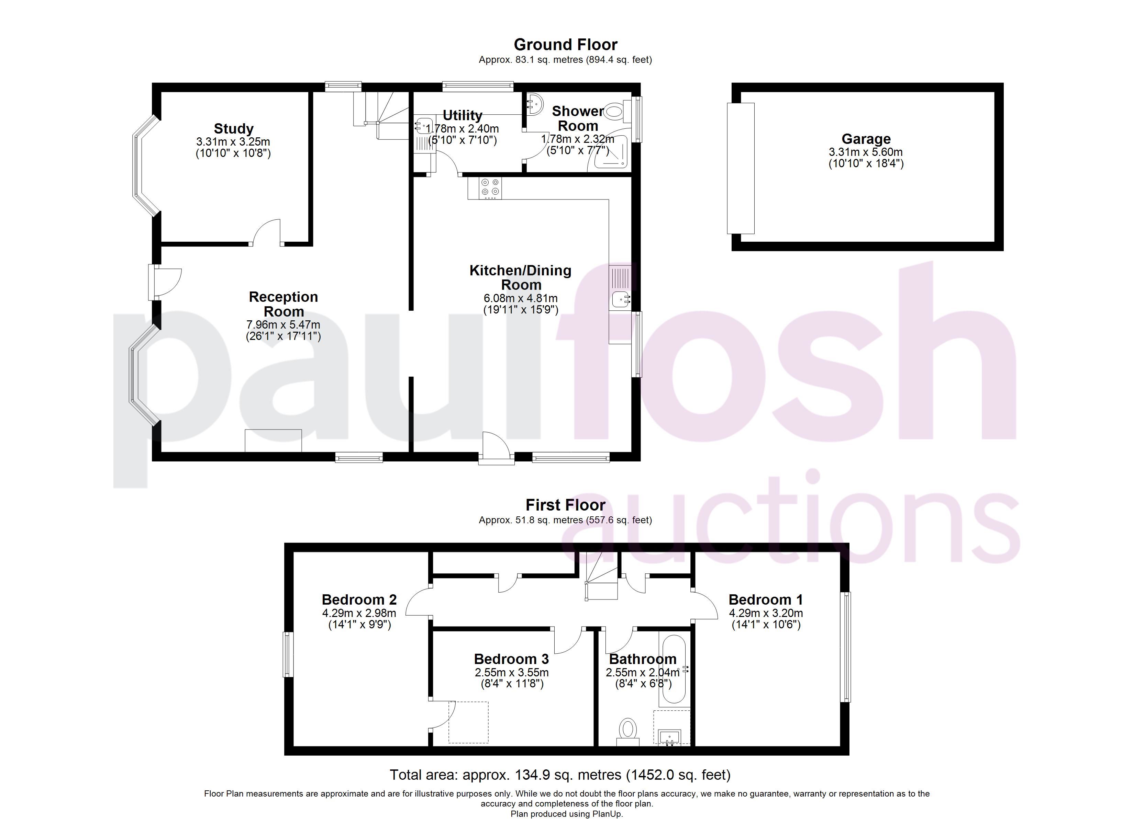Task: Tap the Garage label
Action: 866,139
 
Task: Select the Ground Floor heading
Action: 566,45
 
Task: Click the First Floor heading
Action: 566,505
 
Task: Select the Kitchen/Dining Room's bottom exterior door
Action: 496,449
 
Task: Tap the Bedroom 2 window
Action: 288,655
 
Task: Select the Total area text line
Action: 560,775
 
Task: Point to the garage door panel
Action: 741,168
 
